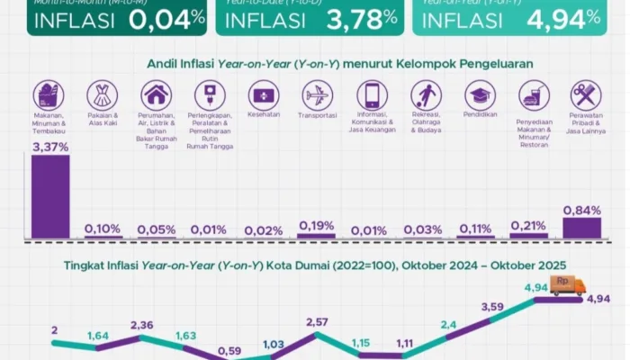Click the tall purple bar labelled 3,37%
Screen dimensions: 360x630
pos(50,195)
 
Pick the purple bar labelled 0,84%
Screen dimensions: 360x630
pos(582,228)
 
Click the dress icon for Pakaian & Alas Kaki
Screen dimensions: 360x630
pos(103,95)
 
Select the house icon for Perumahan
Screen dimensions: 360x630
pos(157,95)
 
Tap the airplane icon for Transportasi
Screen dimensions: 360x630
pos(318,95)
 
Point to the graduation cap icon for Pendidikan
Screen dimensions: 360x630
pos(479,95)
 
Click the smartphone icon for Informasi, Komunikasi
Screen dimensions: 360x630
pos(371,95)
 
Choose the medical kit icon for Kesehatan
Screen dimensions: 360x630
pos(264,95)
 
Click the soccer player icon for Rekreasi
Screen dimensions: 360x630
pos(425,95)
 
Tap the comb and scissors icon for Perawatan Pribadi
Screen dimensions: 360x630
pos(586,95)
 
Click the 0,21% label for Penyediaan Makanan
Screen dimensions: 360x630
pos(529,225)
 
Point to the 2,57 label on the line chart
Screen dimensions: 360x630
pos(318,321)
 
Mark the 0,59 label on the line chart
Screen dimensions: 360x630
pos(229,351)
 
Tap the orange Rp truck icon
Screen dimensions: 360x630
pos(568,285)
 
